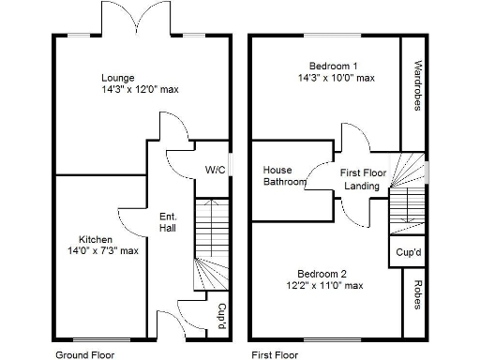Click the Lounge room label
point(118,78)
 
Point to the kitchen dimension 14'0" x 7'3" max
point(97,250)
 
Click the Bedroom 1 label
point(333,66)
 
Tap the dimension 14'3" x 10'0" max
point(333,80)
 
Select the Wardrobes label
point(415,86)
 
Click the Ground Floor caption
point(86,355)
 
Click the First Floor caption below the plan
point(275,355)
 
